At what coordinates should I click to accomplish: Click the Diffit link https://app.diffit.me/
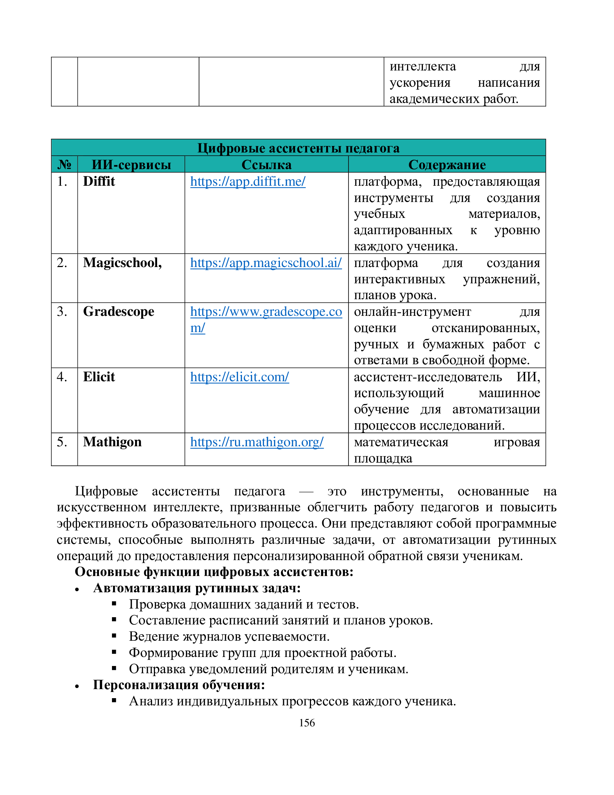pos(248,181)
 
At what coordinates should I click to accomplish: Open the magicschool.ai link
pos(266,262)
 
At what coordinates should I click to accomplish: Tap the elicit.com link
pos(239,377)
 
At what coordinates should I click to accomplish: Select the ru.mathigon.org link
pos(257,442)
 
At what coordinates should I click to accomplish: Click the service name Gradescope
pos(118,311)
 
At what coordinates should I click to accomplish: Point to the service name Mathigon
pos(112,442)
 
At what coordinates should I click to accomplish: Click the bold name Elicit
pos(99,377)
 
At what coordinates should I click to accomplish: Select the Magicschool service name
pos(122,262)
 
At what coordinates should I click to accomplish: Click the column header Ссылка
pos(266,164)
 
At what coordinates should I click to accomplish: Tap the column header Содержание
pos(447,164)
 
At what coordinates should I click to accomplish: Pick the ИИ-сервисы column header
pos(131,164)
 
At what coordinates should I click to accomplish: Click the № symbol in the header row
pos(64,164)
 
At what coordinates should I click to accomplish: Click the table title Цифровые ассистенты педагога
pos(298,148)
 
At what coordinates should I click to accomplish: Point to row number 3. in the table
pos(62,311)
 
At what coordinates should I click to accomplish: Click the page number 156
pos(307,723)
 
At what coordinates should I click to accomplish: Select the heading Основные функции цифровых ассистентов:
pos(214,572)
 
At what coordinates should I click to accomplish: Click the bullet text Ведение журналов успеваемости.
pos(229,636)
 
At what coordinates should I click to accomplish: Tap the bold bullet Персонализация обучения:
pos(178,685)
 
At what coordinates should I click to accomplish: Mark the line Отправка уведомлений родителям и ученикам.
pos(268,669)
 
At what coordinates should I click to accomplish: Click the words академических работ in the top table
pos(454,99)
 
